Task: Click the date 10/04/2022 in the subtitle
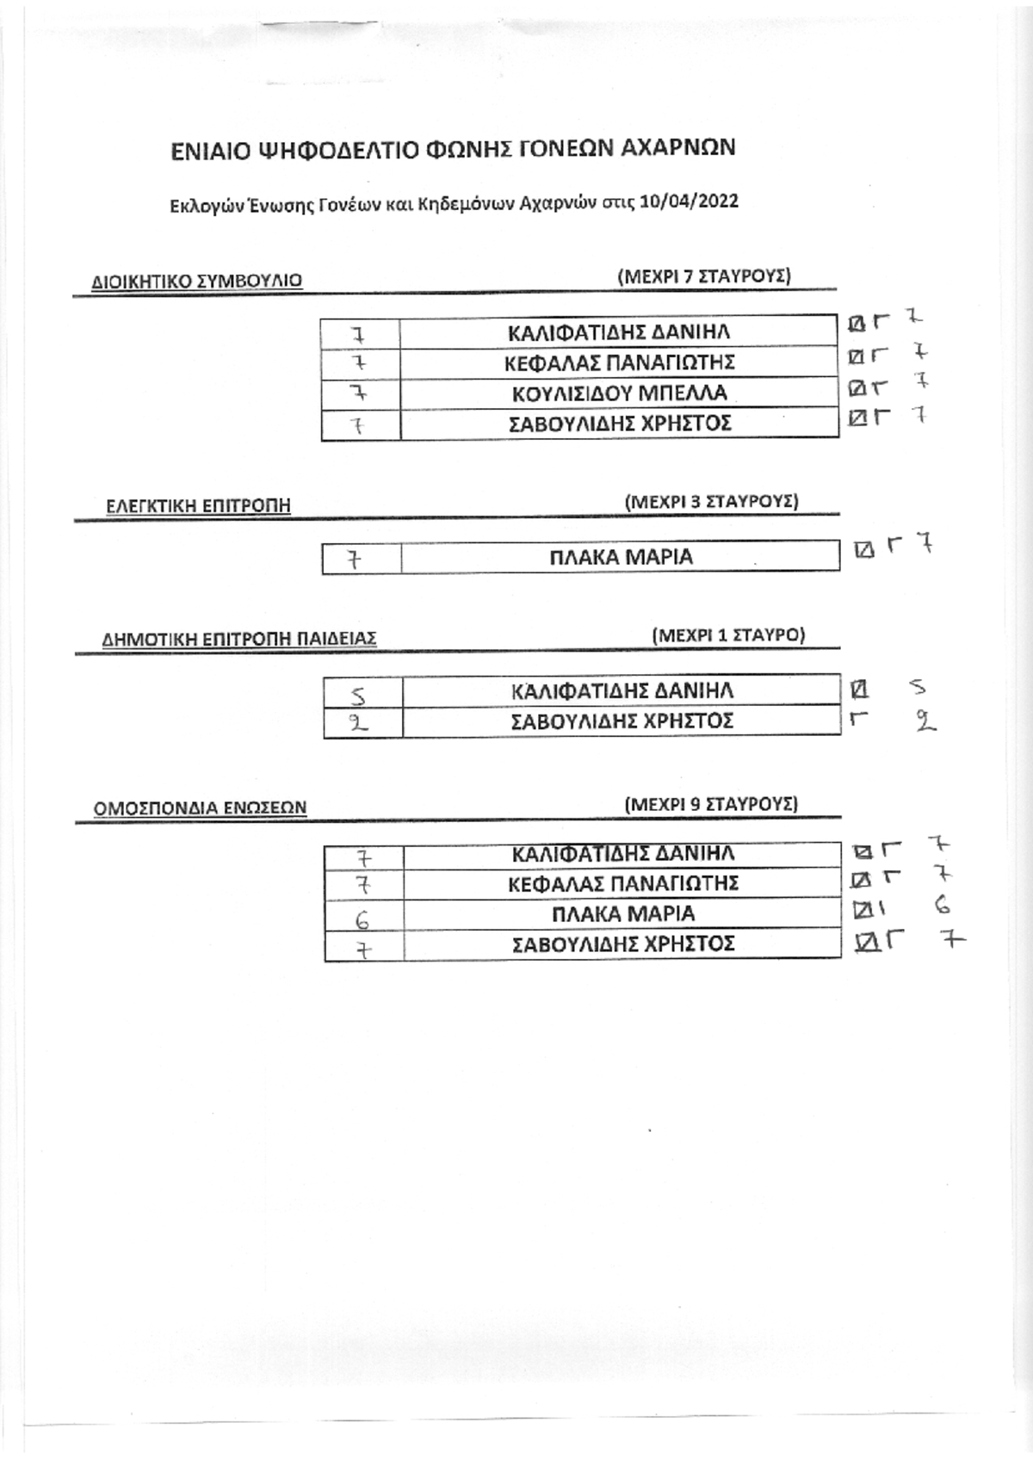pos(690,201)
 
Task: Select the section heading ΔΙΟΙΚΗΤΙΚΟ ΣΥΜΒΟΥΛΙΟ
pos(197,281)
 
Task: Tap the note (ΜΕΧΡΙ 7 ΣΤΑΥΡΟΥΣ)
pos(704,276)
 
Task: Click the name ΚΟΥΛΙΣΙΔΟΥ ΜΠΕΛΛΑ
pos(620,393)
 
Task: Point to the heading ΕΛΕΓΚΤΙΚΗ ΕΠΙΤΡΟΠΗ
pos(198,506)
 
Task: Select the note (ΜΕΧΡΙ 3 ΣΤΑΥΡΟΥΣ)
pos(712,502)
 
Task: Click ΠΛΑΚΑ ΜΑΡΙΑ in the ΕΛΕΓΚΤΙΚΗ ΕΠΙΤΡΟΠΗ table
pos(622,557)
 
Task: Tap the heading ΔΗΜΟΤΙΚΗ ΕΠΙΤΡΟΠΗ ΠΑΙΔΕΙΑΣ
pos(239,639)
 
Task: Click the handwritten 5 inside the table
pos(358,696)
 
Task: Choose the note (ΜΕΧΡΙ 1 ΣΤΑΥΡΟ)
pos(728,634)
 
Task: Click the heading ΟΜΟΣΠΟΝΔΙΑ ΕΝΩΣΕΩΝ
pos(200,808)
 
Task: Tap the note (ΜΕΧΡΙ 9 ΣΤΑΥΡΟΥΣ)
pos(711,804)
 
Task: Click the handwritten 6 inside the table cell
pos(363,919)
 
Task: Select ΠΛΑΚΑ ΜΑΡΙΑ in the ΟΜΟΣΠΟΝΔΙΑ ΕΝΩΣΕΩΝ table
pos(624,914)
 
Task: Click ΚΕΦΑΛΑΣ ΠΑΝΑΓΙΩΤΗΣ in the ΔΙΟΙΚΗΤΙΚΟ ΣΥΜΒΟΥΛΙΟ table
pos(620,362)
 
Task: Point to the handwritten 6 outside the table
pos(943,906)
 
